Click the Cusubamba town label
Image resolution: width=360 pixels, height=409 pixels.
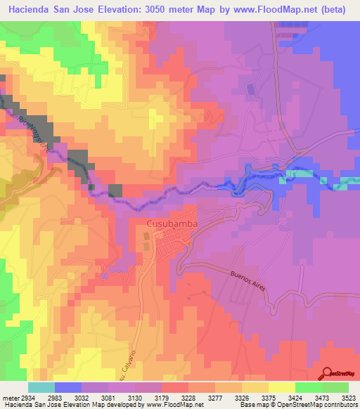[x=171, y=223]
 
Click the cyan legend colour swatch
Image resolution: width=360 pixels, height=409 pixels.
[x=41, y=387]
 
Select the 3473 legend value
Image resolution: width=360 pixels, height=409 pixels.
[x=314, y=397]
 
